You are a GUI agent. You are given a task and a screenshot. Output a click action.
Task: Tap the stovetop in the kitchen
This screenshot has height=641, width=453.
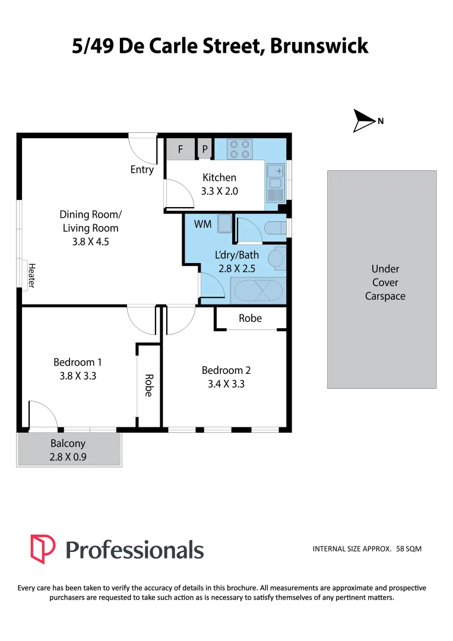coord(240,149)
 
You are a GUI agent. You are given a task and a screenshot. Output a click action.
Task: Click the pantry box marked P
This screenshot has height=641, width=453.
coord(205,150)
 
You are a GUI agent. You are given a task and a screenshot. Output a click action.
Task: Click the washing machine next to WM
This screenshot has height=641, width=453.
coord(225,224)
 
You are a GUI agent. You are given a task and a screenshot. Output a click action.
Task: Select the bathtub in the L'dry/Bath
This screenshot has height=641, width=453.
coord(258,291)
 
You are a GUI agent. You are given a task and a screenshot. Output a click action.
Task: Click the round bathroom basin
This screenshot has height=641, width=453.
coord(275,259)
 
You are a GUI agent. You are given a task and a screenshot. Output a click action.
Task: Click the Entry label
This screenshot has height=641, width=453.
coord(142,170)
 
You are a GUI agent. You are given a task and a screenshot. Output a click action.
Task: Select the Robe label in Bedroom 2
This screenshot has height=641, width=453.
coord(250,318)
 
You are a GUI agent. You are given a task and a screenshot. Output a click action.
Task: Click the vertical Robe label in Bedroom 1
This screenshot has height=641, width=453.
coord(149,385)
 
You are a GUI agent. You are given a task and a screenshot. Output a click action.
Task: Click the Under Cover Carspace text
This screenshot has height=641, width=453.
coord(385,283)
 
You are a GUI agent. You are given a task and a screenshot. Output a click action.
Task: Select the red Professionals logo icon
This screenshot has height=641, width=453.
coord(43,548)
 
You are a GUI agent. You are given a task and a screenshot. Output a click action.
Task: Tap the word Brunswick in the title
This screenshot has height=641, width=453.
coord(319,46)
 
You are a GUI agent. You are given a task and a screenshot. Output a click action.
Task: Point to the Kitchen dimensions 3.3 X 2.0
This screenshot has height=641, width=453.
coord(219,191)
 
